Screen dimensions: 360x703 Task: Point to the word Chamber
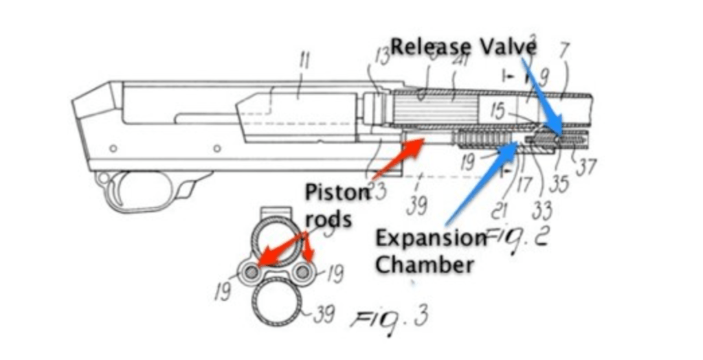[x=424, y=264]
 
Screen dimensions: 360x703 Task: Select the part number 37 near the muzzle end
[x=585, y=167]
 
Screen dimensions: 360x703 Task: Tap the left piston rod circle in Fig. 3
[x=251, y=272]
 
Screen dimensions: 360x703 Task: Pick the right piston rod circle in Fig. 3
[x=302, y=272]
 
